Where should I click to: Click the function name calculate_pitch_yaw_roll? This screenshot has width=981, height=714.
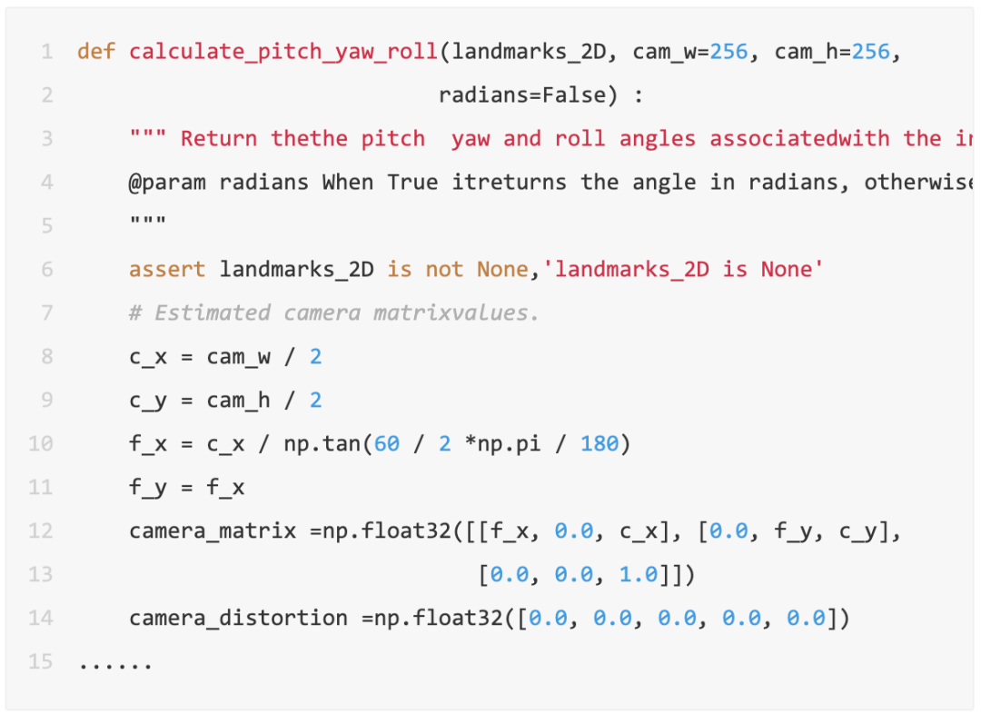coord(283,52)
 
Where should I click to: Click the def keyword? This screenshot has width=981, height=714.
coord(96,52)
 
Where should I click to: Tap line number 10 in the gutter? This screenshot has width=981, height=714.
coord(41,444)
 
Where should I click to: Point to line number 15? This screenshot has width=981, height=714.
coord(41,661)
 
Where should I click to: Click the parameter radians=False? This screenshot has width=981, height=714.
coord(515,95)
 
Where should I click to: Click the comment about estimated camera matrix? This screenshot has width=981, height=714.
coord(334,313)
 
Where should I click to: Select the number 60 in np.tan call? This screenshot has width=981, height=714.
coord(387,444)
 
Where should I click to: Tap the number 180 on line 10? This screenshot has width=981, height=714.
coord(599,444)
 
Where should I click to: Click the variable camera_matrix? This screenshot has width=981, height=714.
coord(213,531)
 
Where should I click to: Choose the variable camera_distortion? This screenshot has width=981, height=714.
coord(238,619)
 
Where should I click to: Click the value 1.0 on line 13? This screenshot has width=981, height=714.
coord(638,575)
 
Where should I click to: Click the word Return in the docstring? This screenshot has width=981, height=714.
coord(219,139)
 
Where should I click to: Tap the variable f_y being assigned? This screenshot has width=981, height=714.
coord(147,488)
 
